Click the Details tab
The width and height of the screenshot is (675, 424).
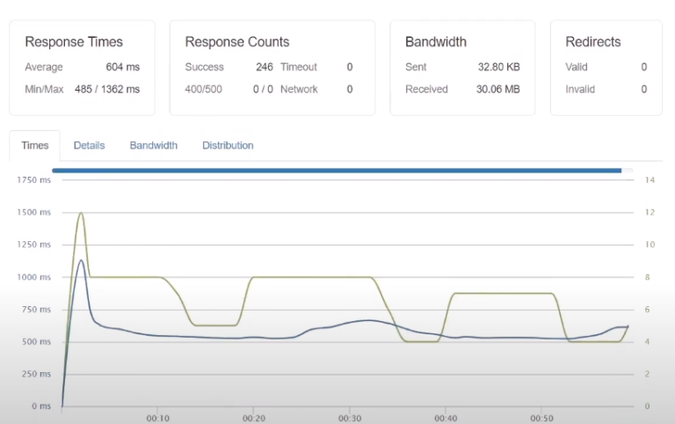coord(89,145)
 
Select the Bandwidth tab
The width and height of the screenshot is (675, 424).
coord(153,145)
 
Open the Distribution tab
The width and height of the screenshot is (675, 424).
coord(228,145)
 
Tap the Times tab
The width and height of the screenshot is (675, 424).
coord(35,145)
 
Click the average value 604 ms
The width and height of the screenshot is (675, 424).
coord(123,67)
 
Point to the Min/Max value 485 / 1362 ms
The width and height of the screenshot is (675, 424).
coord(106,89)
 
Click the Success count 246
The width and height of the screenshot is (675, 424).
coord(265,67)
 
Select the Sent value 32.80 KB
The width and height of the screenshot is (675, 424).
coord(499,67)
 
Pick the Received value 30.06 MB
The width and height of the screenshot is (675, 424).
coord(498,89)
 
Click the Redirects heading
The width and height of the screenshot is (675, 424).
coord(592,41)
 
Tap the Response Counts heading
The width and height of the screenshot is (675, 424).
coord(236,41)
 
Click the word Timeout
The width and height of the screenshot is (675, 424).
coord(299,67)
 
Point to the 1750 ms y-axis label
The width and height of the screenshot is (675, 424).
coord(33,179)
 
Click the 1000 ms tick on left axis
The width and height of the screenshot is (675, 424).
coord(33,277)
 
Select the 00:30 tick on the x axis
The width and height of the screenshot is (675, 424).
coord(350,418)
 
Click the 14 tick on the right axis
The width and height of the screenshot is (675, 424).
coord(650,179)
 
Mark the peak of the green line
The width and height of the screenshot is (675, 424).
coord(81,212)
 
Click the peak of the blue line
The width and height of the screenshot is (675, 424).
coord(81,260)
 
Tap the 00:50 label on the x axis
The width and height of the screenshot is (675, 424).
coord(542,418)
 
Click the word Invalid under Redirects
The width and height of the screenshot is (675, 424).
coord(579,89)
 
